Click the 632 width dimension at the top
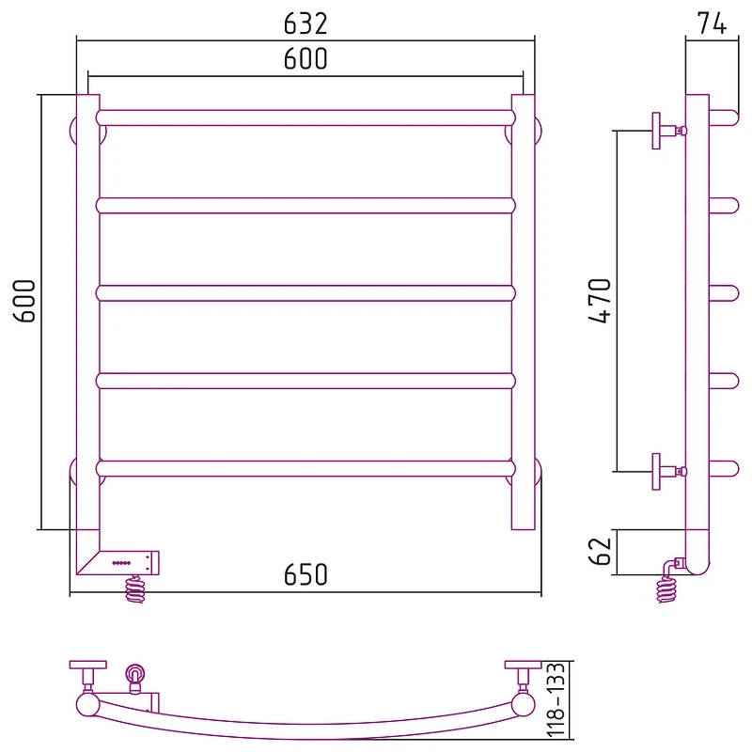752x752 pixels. [305, 23]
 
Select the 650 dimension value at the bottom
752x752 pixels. [305, 574]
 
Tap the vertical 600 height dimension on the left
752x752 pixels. [24, 301]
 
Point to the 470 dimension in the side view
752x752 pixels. [600, 301]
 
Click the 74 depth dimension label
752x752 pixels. [712, 23]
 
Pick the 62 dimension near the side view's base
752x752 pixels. [600, 551]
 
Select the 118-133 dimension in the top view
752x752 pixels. [556, 700]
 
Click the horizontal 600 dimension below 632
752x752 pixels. [305, 58]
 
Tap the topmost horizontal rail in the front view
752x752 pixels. [305, 118]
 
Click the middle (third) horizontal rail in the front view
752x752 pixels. [305, 293]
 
